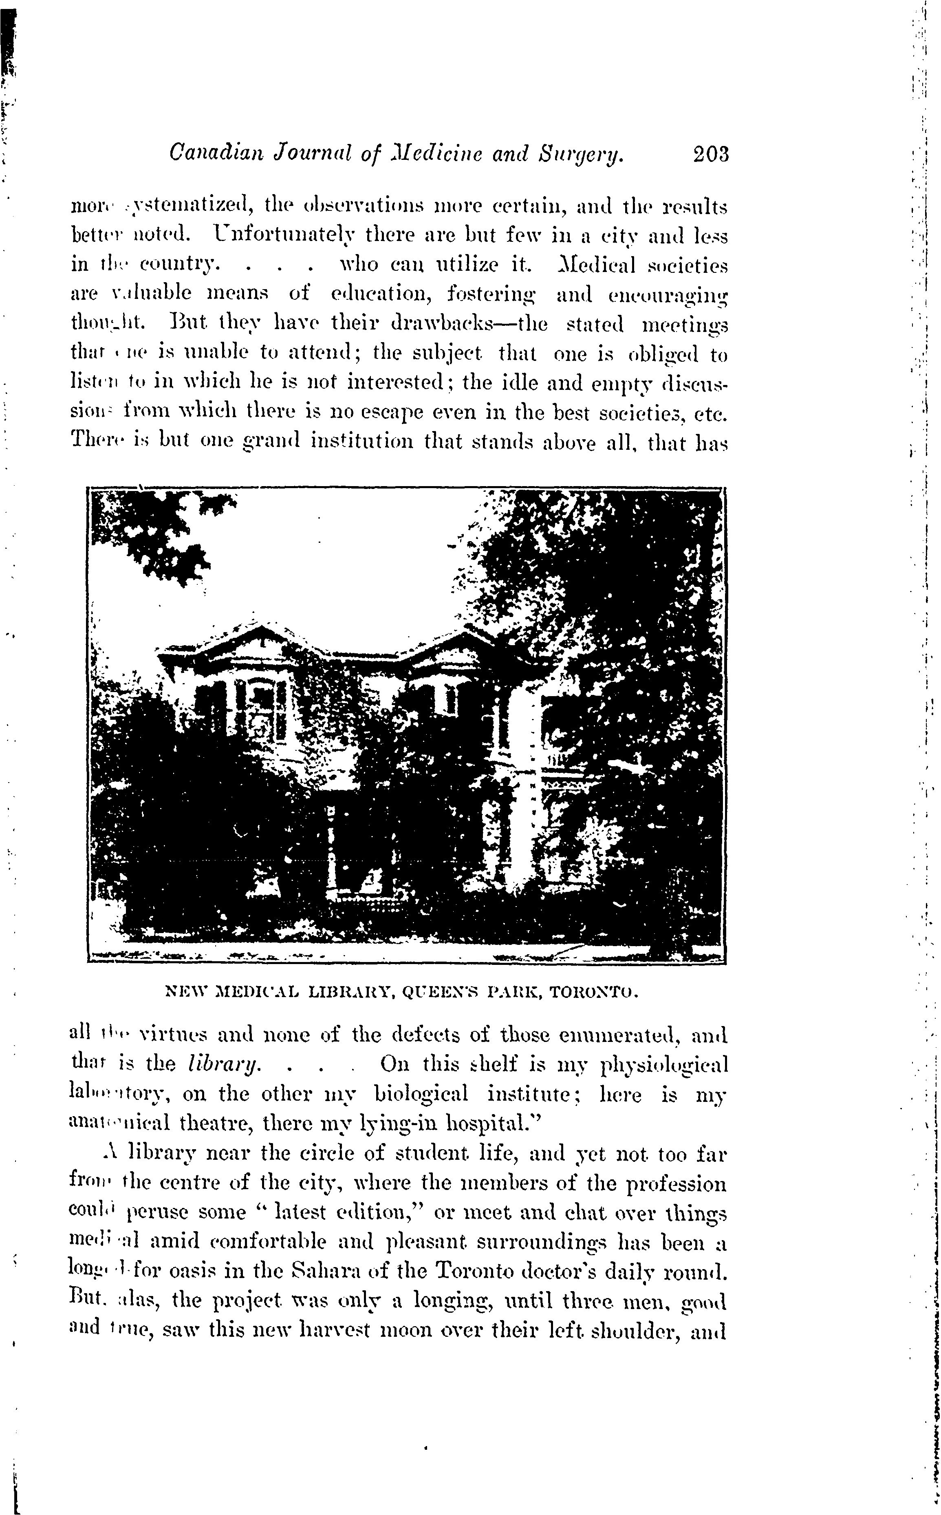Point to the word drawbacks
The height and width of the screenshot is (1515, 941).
[430, 325]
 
